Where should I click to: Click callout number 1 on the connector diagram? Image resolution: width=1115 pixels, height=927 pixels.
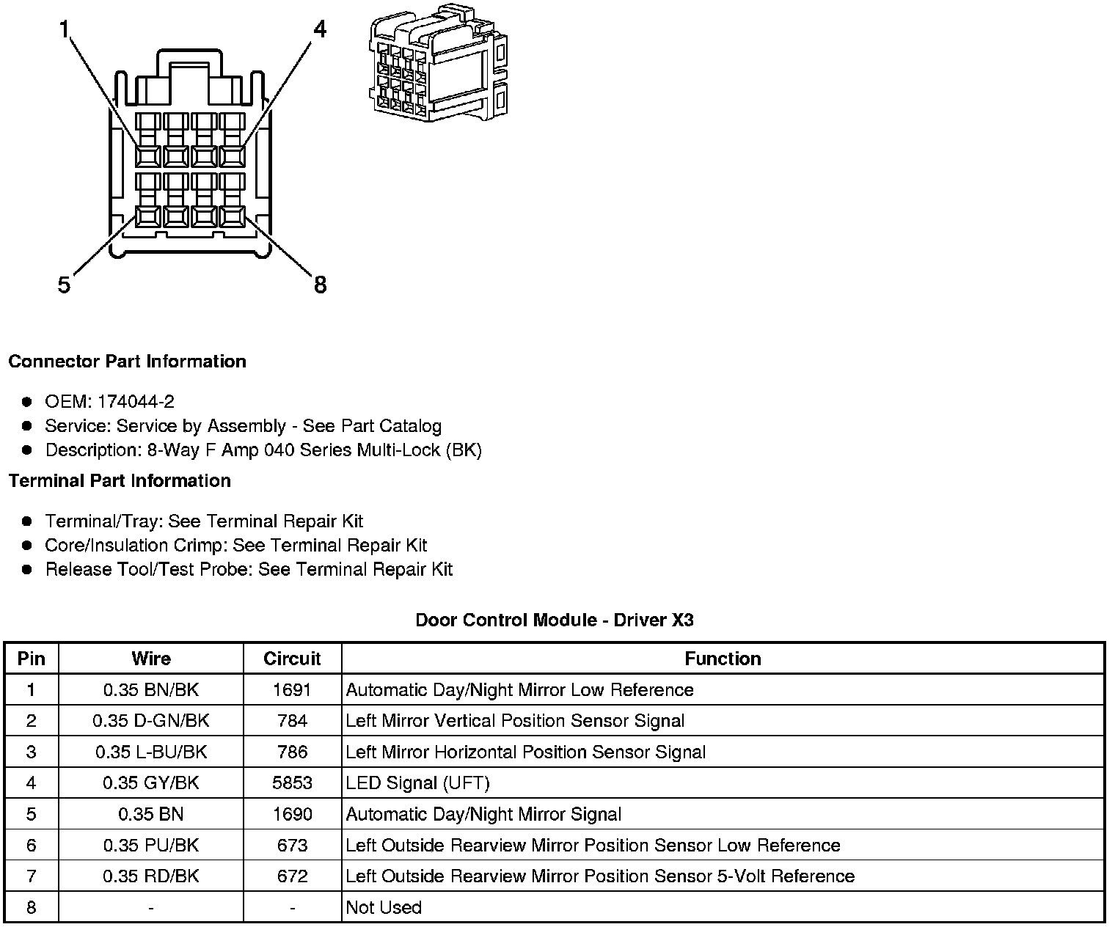pos(65,30)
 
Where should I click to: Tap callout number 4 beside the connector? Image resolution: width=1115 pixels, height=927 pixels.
pos(320,29)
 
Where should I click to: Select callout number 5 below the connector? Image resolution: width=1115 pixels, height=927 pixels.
pos(65,285)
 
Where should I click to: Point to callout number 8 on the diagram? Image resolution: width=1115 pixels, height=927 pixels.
pos(320,285)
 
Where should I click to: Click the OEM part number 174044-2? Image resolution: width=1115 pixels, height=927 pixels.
pos(136,402)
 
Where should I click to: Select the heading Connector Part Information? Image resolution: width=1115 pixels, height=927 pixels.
pos(127,362)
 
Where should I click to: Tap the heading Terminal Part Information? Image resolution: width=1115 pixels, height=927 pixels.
pos(120,481)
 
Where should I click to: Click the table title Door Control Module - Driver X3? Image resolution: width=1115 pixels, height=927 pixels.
pos(555,620)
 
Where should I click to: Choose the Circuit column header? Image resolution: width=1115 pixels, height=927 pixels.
pos(292,659)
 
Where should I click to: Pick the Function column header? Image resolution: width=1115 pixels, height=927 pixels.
pos(723,659)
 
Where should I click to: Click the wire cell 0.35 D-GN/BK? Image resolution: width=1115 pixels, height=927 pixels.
pos(151,721)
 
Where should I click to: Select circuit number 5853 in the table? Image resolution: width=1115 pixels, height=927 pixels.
pos(292,783)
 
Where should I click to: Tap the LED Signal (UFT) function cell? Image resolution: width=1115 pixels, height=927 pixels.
pos(417,783)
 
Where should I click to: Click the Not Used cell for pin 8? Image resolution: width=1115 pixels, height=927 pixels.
pos(384,908)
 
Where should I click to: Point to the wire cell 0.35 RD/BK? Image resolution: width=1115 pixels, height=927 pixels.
pos(151,876)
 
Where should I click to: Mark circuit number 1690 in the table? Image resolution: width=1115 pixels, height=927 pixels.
pos(292,814)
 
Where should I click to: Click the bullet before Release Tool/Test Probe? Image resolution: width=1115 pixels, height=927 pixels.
pos(27,569)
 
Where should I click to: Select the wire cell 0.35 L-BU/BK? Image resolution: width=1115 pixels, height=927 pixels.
pos(151,752)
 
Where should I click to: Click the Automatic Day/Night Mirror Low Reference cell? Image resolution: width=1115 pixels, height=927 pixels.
pos(519,690)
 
